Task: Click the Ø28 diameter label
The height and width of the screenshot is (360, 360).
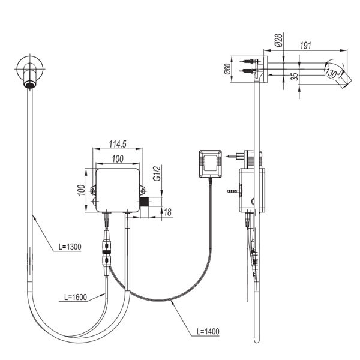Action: point(278,40)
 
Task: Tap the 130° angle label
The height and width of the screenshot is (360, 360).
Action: point(332,73)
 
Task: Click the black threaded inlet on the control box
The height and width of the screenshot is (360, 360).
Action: point(144,202)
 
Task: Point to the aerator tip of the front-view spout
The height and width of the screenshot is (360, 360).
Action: point(28,85)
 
